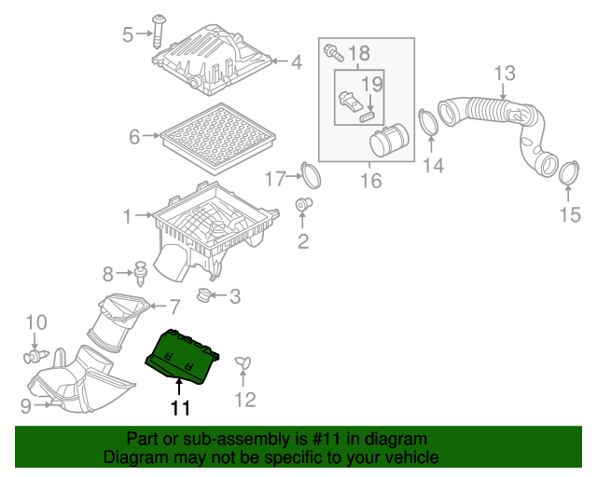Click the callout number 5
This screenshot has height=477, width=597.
point(128,34)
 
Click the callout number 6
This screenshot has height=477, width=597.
point(134,137)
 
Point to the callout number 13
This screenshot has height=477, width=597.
point(504,73)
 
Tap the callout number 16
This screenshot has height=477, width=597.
point(371,180)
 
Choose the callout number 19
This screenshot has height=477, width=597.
point(372,85)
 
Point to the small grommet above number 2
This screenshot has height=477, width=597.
point(303,203)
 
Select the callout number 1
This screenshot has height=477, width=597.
point(128,217)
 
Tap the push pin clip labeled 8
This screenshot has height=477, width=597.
point(142,273)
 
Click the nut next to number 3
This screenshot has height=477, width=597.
point(201,296)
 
